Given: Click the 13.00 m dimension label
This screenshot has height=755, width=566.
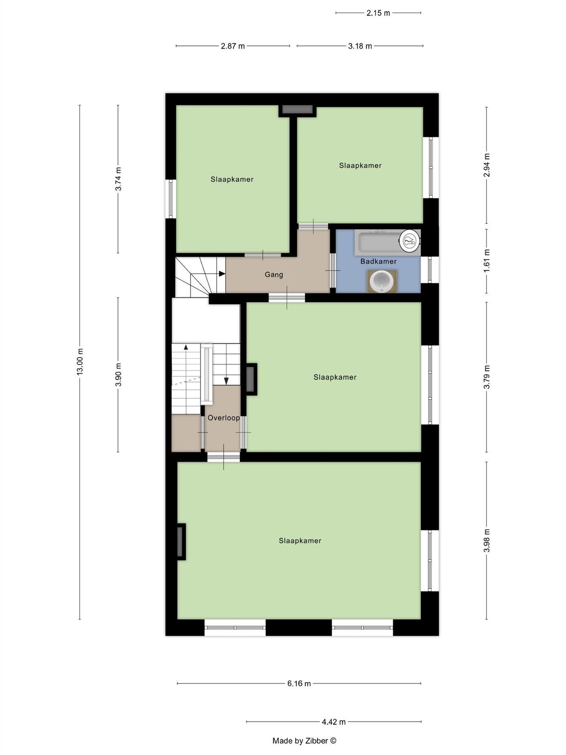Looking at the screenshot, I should pyautogui.click(x=80, y=361).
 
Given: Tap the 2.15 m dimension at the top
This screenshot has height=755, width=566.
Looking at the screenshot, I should pyautogui.click(x=378, y=13).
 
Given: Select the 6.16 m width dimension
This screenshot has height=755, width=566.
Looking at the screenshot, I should pyautogui.click(x=299, y=683).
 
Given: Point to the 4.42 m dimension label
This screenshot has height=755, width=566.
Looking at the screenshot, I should pyautogui.click(x=334, y=721).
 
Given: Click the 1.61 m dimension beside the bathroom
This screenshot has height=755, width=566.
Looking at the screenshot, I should pyautogui.click(x=487, y=261).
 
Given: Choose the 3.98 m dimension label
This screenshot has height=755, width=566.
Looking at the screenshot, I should pyautogui.click(x=487, y=540).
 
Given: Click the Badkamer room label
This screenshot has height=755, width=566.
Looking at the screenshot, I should pyautogui.click(x=378, y=261).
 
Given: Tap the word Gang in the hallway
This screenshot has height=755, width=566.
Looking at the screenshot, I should pyautogui.click(x=274, y=274).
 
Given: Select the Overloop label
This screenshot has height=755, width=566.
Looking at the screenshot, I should pyautogui.click(x=224, y=418).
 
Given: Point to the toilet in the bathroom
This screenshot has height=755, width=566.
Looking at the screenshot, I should pyautogui.click(x=409, y=241).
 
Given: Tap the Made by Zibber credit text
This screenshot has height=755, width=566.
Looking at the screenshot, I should pyautogui.click(x=304, y=740).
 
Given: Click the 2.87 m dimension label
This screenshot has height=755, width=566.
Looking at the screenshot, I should pyautogui.click(x=233, y=46).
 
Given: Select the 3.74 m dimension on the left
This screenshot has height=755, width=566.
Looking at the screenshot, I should pyautogui.click(x=118, y=179).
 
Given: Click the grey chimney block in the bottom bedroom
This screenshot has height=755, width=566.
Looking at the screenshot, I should pyautogui.click(x=180, y=541).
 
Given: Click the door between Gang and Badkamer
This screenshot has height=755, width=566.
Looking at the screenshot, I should pyautogui.click(x=333, y=270).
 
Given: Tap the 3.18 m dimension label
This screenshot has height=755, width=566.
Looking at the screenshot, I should pyautogui.click(x=360, y=46).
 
